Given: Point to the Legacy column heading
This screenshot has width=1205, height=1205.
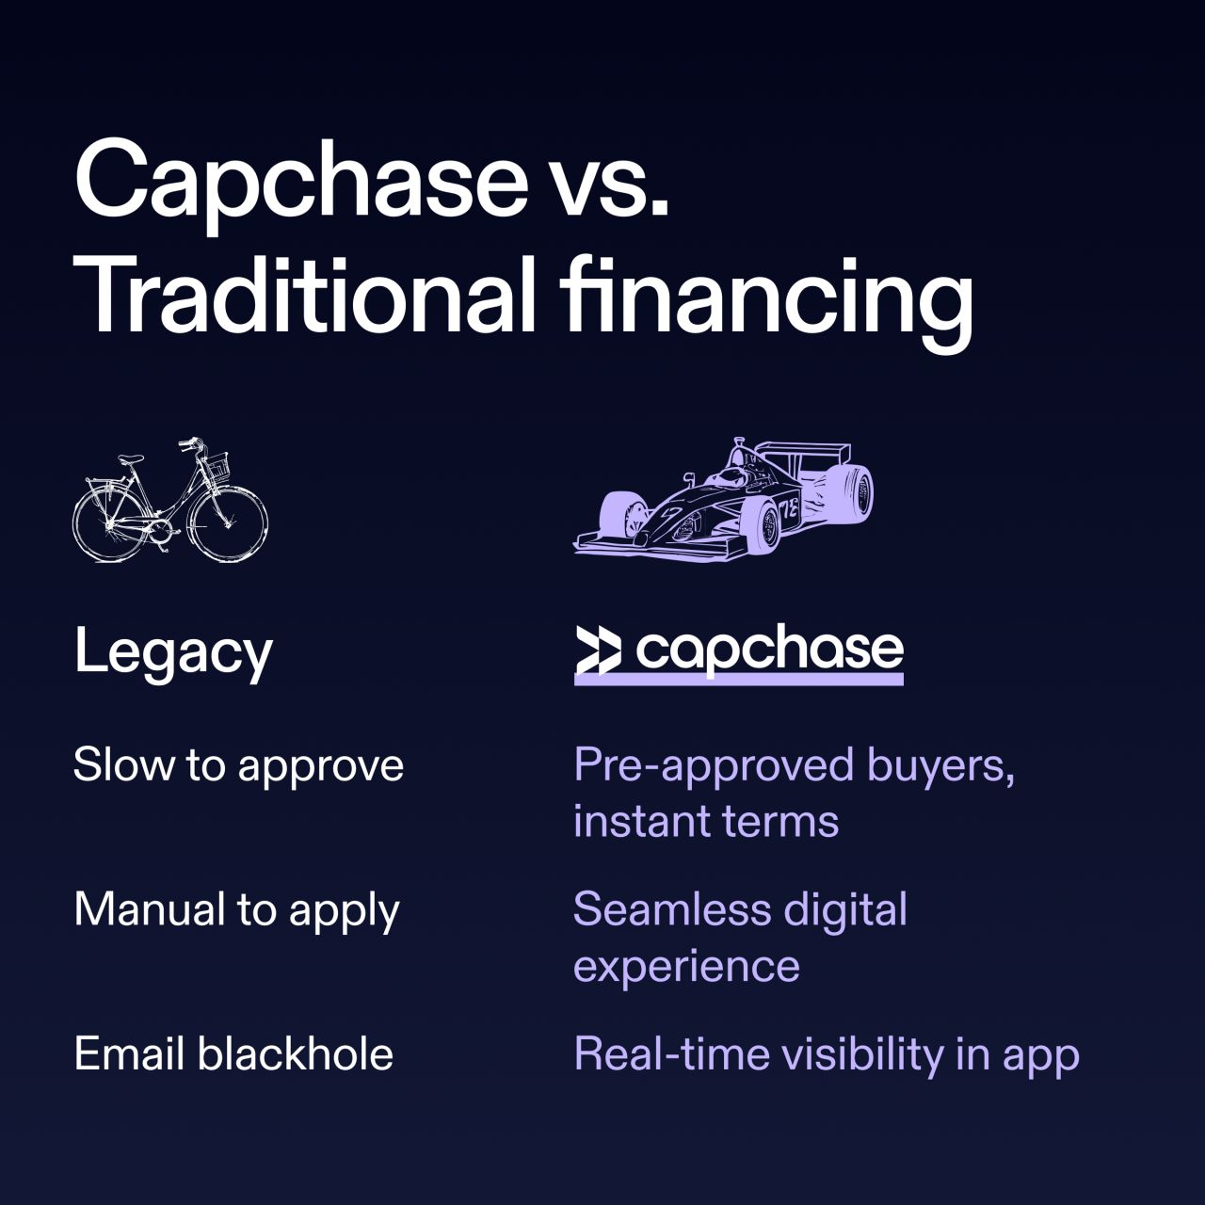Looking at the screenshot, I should [173, 652].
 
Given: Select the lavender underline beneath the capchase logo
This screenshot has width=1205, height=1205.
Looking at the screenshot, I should [738, 679].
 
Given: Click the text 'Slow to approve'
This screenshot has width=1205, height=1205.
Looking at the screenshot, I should [238, 765].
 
